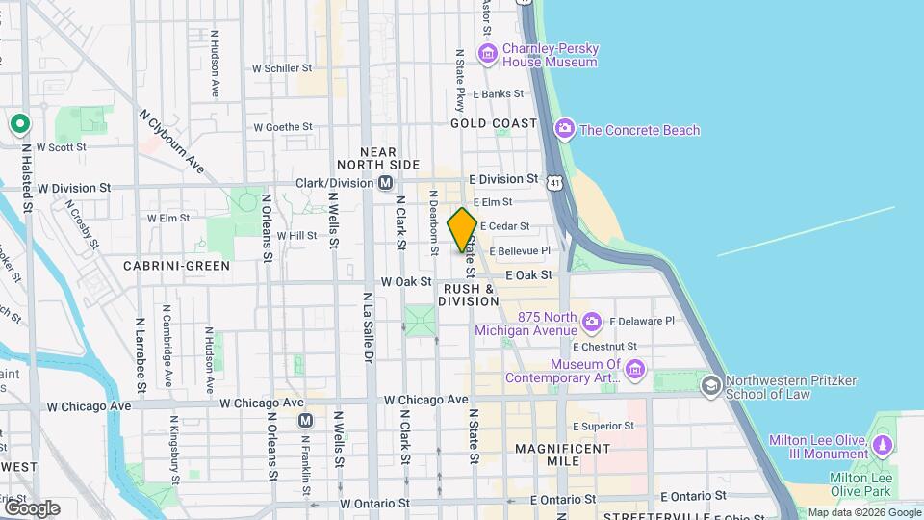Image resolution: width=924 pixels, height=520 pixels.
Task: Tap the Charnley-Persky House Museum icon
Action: [x=487, y=54]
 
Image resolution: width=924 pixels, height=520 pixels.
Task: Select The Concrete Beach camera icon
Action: [x=565, y=129]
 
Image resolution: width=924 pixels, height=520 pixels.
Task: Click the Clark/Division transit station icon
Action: [x=385, y=182]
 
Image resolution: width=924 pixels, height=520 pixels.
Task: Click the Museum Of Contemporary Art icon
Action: [x=634, y=370]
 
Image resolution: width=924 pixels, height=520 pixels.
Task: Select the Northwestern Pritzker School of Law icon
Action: [x=711, y=386]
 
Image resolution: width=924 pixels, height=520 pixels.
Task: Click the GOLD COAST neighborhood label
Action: [x=494, y=123]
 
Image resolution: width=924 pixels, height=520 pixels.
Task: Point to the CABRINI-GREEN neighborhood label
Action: [x=176, y=265]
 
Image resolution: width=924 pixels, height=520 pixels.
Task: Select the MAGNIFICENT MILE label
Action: [x=562, y=456]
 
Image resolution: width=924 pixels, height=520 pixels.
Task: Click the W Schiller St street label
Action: [x=282, y=68]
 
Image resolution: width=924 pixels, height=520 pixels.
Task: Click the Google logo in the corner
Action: [x=32, y=507]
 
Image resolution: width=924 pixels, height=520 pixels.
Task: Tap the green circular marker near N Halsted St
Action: [x=18, y=124]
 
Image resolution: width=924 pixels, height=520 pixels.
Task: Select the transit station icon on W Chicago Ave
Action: [x=306, y=420]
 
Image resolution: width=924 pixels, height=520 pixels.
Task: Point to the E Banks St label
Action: [x=498, y=94]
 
